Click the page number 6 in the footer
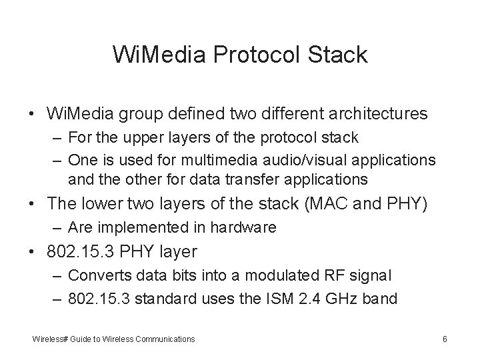click(x=444, y=339)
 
